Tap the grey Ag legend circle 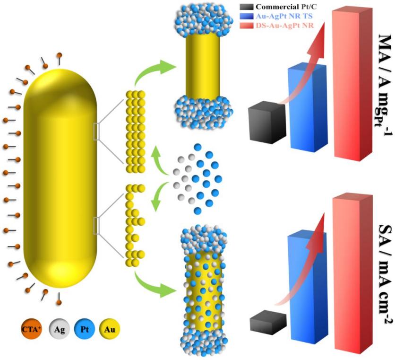click(60, 328)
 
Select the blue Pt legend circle click(86, 328)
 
